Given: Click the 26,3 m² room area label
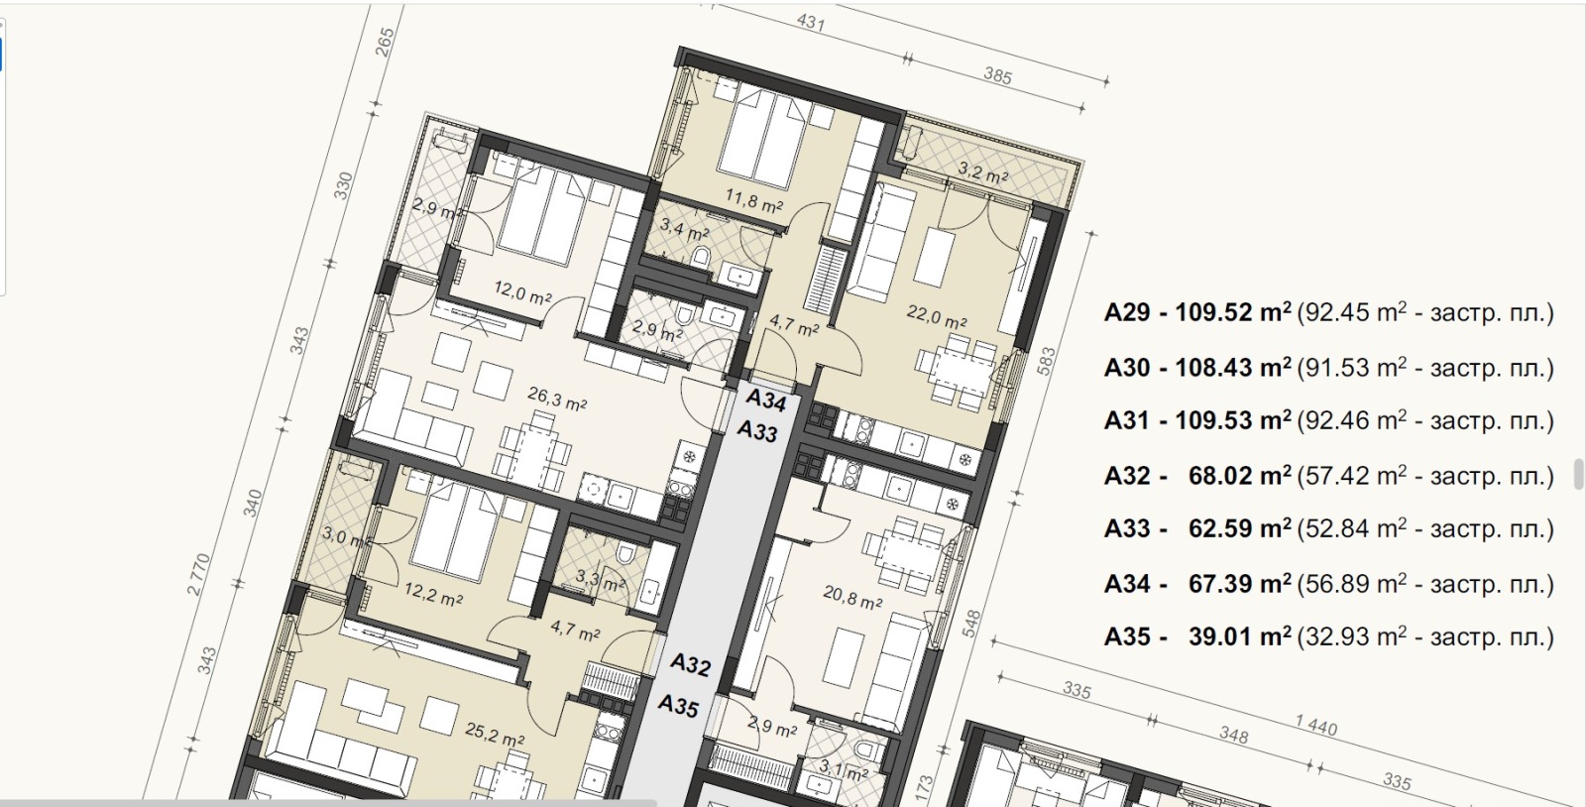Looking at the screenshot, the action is tap(557, 398).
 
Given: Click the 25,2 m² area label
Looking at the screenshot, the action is tap(495, 734).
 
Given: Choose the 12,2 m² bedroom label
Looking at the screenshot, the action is tap(433, 595).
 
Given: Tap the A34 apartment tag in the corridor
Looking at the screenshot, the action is tap(766, 400).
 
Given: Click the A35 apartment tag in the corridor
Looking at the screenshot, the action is tap(678, 705).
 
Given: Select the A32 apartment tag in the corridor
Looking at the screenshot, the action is tap(690, 664).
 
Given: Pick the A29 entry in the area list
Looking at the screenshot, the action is tap(1126, 312).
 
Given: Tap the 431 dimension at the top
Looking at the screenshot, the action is tap(812, 24).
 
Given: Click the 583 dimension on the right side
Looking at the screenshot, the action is tap(1046, 362).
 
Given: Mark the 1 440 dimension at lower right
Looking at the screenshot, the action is tap(1316, 725).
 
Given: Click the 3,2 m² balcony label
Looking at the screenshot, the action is tap(982, 173).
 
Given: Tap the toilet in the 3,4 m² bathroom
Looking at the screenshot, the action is tap(700, 258).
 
